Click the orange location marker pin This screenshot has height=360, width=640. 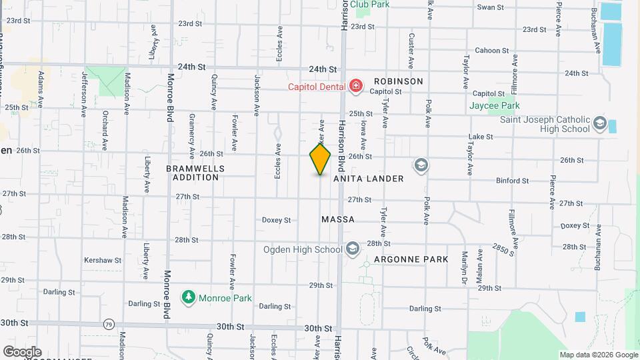320,159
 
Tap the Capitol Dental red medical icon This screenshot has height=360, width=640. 356,86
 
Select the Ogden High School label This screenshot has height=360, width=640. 305,250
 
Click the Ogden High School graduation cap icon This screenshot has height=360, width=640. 353,249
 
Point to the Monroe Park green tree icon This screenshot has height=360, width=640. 189,297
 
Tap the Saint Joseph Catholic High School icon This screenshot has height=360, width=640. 599,124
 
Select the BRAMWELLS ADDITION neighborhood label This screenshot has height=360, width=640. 195,173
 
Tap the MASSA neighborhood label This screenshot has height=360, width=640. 338,219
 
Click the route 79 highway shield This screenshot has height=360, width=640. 109,325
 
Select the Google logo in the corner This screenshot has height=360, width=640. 22,351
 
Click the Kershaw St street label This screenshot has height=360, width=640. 103,260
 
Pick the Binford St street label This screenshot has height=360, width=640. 513,181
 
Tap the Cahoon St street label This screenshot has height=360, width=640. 491,51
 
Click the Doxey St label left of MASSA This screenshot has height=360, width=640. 276,220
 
